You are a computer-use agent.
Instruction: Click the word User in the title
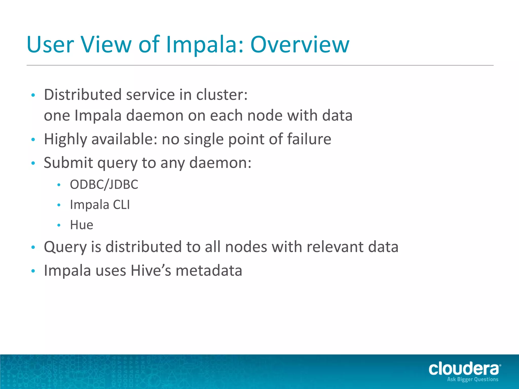click(50, 45)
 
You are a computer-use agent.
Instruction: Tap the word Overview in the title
click(300, 45)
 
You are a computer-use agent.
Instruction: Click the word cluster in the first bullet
click(222, 95)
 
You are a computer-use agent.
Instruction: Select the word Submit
click(68, 163)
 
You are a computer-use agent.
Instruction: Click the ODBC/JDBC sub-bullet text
click(104, 184)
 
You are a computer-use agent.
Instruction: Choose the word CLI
click(121, 205)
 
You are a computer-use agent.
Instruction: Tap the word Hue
click(82, 225)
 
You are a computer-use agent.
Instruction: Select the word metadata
click(209, 270)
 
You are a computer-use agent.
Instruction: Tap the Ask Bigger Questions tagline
click(473, 379)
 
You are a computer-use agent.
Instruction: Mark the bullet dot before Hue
click(59, 225)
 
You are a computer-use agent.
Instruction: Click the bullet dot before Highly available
click(33, 140)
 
